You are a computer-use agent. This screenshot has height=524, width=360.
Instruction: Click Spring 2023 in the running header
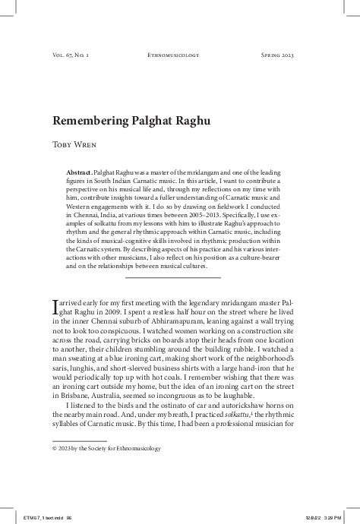pyautogui.click(x=271, y=55)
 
